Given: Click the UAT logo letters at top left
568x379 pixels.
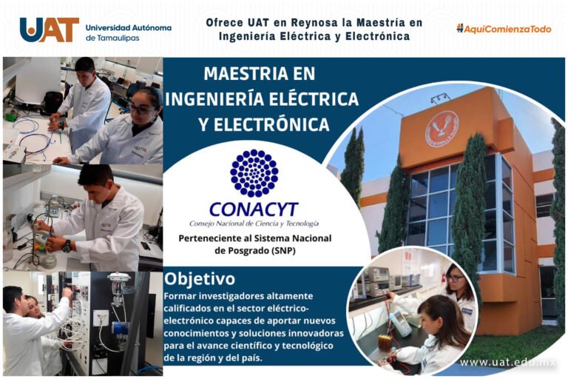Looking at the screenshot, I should [49, 30].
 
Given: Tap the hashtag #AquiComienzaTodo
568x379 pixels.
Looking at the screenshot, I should [504, 29].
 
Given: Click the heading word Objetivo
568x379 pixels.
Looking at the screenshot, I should [200, 279].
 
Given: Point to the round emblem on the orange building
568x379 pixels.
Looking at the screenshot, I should [442, 128].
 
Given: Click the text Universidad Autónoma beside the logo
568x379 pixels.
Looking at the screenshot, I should [129, 27].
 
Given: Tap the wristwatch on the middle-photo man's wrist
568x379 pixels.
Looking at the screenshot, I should [67, 245].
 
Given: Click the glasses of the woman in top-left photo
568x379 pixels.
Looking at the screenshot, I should [140, 109].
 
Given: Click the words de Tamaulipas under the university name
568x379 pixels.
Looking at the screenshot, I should [111, 38].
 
